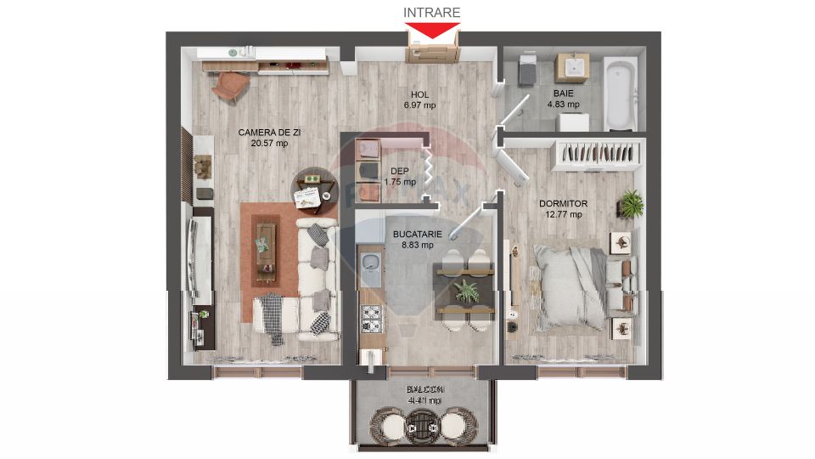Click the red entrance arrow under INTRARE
click(433, 31)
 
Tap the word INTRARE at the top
click(432, 12)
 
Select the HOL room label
click(419, 94)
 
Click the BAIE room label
click(562, 93)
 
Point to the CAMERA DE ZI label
click(269, 132)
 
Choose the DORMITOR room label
click(563, 203)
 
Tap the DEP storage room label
click(399, 170)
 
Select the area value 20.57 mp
click(269, 144)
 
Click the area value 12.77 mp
click(563, 214)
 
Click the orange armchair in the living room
click(231, 85)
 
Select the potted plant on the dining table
click(466, 292)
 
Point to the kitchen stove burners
click(371, 319)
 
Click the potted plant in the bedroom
click(630, 204)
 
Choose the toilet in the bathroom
click(526, 70)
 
